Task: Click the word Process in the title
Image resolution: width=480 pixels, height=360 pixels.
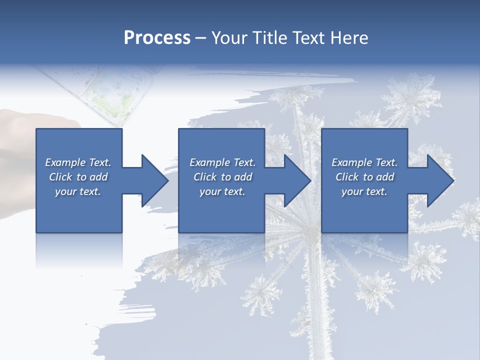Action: coord(157,38)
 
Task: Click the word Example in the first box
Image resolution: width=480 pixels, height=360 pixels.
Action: coord(65,162)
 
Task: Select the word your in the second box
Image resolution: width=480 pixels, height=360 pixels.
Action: coord(210,191)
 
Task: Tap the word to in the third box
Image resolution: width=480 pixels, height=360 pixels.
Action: coord(368,177)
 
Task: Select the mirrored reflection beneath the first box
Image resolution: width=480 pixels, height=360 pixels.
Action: coord(79,250)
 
